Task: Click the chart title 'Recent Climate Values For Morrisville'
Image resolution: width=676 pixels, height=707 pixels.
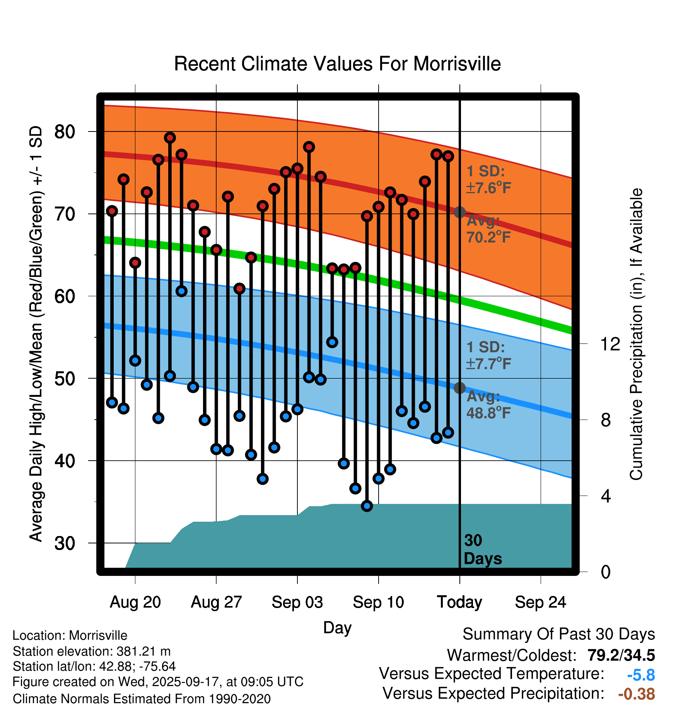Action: pos(337,64)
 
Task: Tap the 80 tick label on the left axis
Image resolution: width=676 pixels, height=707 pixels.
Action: pos(65,132)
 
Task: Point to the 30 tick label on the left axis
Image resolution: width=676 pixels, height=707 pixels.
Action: pos(65,543)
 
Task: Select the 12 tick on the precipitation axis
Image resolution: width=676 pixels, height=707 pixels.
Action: pos(610,344)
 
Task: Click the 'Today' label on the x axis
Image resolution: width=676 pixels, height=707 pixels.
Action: pos(459,602)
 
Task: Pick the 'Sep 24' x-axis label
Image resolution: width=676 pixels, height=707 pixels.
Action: pos(540,602)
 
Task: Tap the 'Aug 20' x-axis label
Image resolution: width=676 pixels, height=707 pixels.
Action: pos(135,602)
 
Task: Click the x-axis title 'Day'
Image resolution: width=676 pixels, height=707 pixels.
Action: pos(337,628)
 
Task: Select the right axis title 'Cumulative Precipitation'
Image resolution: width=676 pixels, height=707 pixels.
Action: pos(636,335)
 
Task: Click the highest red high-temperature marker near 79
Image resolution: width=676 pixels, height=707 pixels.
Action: pos(170,138)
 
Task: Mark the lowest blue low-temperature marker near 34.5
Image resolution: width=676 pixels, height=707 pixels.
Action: pos(367,506)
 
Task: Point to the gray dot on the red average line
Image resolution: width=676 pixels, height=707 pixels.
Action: pos(459,212)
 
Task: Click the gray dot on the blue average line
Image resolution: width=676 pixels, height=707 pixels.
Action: pos(459,388)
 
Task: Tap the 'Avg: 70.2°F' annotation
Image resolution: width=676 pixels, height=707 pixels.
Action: pos(488,229)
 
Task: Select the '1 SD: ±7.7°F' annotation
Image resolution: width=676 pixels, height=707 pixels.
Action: pos(488,355)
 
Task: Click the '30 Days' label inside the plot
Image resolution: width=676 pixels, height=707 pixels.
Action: pos(482,550)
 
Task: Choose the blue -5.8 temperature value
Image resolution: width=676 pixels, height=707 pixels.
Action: pos(641,675)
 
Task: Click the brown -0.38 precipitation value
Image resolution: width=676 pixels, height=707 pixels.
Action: pos(636,694)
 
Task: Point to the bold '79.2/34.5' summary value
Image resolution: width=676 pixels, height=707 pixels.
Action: pos(621,655)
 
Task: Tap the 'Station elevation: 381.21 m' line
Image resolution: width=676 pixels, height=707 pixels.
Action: pos(92,652)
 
